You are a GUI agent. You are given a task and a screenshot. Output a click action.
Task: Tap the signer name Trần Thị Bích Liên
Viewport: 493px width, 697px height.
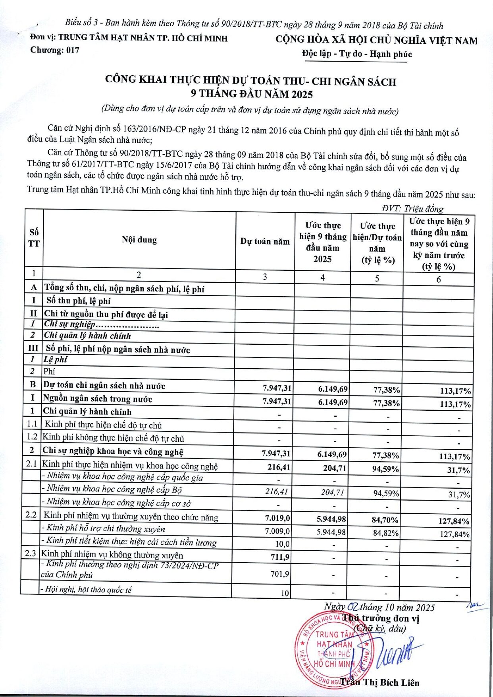click(x=380, y=682)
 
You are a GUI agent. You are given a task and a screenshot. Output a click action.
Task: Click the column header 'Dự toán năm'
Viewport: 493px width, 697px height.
click(x=265, y=241)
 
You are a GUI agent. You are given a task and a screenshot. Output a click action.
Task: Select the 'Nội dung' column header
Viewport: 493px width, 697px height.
click(x=139, y=240)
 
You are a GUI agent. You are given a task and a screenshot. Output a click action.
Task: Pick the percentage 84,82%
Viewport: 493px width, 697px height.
click(x=386, y=533)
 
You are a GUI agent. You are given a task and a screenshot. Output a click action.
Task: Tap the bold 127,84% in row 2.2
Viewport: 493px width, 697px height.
click(x=454, y=521)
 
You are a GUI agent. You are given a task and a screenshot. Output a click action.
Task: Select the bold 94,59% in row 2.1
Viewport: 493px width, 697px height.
click(x=385, y=469)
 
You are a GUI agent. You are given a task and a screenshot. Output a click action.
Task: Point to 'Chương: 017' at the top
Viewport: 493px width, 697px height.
click(x=55, y=50)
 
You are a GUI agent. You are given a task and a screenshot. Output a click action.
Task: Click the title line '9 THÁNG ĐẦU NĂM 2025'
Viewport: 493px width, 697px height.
click(x=252, y=94)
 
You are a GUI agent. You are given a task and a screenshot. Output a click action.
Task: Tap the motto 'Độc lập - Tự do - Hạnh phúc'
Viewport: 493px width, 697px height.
click(x=357, y=54)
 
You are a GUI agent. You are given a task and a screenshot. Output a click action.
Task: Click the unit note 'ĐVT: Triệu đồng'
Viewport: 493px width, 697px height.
click(x=412, y=208)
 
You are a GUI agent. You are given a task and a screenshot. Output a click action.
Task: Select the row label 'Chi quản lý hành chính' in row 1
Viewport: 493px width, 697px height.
click(x=87, y=412)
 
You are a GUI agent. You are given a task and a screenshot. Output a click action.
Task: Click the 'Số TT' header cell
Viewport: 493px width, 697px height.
click(x=34, y=238)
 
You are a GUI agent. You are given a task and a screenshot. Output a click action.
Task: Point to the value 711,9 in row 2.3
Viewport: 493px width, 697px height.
click(x=280, y=557)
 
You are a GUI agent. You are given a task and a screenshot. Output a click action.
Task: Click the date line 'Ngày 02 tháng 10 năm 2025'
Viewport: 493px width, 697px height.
click(x=379, y=607)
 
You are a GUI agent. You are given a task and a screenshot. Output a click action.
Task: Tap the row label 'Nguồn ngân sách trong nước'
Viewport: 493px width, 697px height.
click(x=98, y=399)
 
